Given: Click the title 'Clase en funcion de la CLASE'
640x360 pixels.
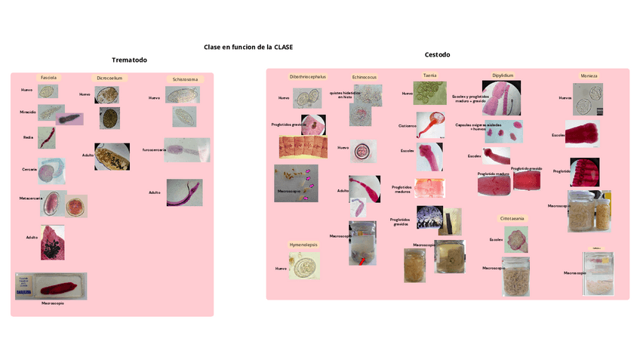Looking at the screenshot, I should (x=248, y=47).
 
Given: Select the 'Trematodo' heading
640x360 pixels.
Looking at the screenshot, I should (x=129, y=60).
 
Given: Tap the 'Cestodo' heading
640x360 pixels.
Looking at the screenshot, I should (x=437, y=54).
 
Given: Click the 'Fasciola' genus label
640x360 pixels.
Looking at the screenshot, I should (x=48, y=77).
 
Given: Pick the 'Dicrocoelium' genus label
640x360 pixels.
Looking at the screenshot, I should (x=109, y=77).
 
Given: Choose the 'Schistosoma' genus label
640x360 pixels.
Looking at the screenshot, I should (x=185, y=78).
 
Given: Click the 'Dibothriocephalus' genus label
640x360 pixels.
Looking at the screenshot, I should (x=308, y=76).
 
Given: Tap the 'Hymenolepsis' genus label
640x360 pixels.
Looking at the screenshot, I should (x=304, y=245).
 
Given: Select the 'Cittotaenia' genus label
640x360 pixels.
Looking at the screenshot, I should (x=512, y=218).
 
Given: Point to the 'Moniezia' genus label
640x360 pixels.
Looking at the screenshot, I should (x=589, y=76).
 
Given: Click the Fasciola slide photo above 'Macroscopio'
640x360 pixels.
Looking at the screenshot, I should (x=51, y=286).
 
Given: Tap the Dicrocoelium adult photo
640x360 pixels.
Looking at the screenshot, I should (x=110, y=156).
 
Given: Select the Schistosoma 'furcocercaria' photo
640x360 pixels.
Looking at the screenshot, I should (x=187, y=149).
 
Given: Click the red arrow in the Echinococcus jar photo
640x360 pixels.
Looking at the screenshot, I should (x=364, y=260).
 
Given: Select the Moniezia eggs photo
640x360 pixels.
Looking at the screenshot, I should (x=587, y=98).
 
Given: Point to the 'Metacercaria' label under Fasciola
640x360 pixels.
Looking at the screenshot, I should (x=30, y=197).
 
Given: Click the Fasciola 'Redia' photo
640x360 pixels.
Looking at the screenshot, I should (x=48, y=137).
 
